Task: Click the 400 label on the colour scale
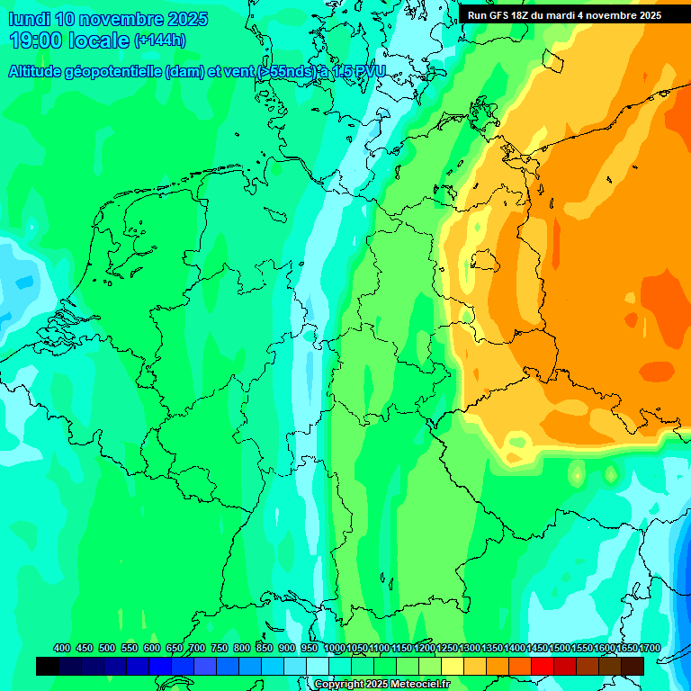click(62, 648)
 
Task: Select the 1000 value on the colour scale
click(334, 648)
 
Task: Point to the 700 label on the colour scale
click(197, 648)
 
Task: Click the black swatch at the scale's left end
click(48, 666)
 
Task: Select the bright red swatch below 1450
click(543, 666)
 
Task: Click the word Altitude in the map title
click(39, 72)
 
